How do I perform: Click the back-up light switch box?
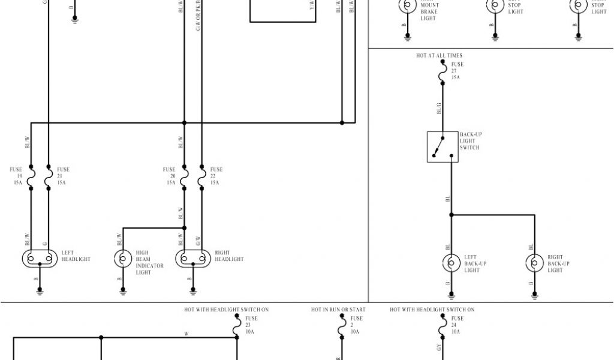pyautogui.click(x=443, y=147)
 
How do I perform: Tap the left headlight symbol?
pyautogui.click(x=40, y=259)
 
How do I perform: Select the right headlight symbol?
pyautogui.click(x=193, y=259)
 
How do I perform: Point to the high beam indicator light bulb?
pyautogui.click(x=123, y=259)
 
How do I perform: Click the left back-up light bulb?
pyautogui.click(x=451, y=263)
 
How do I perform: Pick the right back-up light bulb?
pyautogui.click(x=534, y=263)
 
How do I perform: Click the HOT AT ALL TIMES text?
pyautogui.click(x=439, y=56)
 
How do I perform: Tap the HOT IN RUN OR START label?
pyautogui.click(x=338, y=310)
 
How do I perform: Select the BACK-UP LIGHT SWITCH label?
pyautogui.click(x=471, y=141)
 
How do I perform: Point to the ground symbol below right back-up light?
pyautogui.click(x=534, y=295)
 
